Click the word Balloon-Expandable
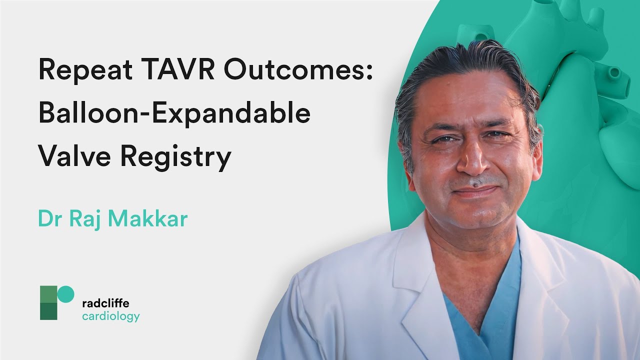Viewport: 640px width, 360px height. [174, 113]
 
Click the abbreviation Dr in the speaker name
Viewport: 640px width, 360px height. [49, 219]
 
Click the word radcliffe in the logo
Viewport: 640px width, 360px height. [105, 303]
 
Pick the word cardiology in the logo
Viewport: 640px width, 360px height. [110, 316]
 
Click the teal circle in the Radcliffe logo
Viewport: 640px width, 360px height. [66, 294]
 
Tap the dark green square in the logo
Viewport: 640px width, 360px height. [48, 311]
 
